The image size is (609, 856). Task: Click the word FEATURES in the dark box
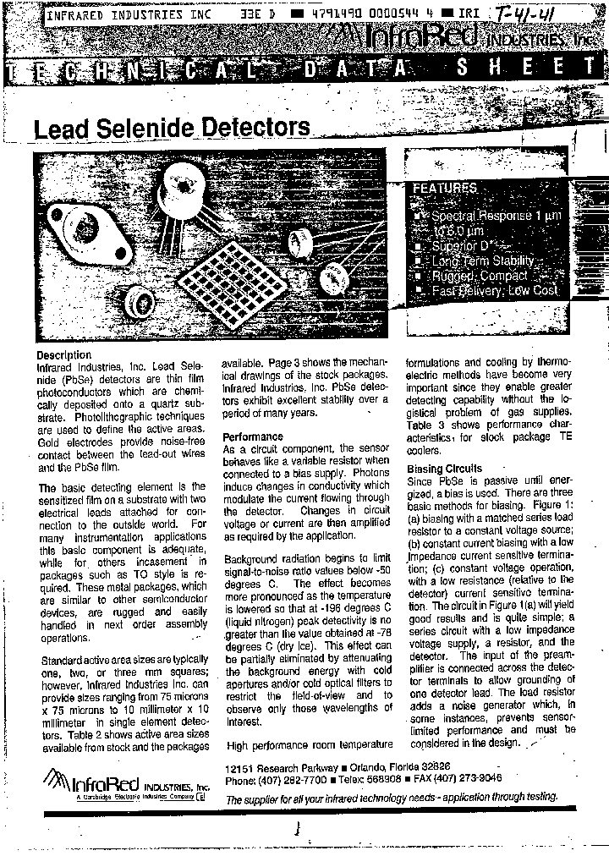pyautogui.click(x=445, y=188)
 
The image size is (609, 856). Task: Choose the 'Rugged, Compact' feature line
pyautogui.click(x=479, y=276)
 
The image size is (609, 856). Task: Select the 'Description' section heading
pyautogui.click(x=63, y=354)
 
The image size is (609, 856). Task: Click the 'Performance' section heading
pyautogui.click(x=252, y=436)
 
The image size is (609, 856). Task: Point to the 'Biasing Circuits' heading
pyautogui.click(x=444, y=468)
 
